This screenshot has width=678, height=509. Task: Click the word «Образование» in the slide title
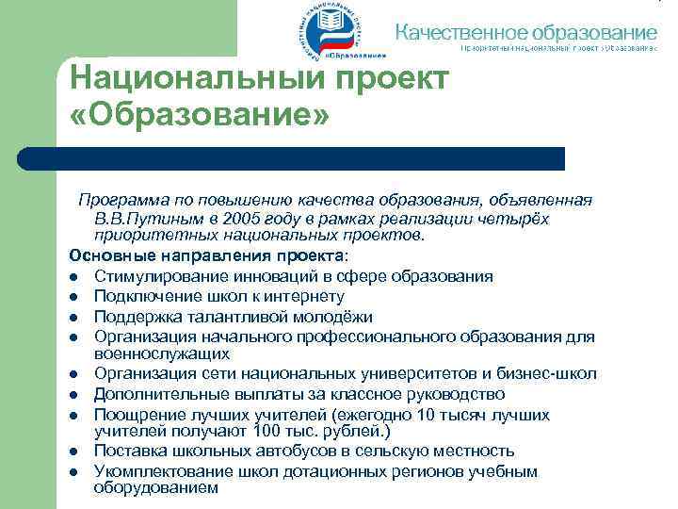(x=200, y=119)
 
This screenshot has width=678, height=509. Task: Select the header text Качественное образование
(x=525, y=30)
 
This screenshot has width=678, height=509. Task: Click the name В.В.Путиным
(x=147, y=218)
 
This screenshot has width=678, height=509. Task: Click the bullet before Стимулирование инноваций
(x=73, y=276)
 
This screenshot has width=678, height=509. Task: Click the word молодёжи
(x=326, y=316)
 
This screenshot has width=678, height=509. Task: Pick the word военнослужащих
(x=161, y=353)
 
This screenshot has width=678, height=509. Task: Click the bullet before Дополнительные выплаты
(x=73, y=393)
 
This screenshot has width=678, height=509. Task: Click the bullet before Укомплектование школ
(x=73, y=470)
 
